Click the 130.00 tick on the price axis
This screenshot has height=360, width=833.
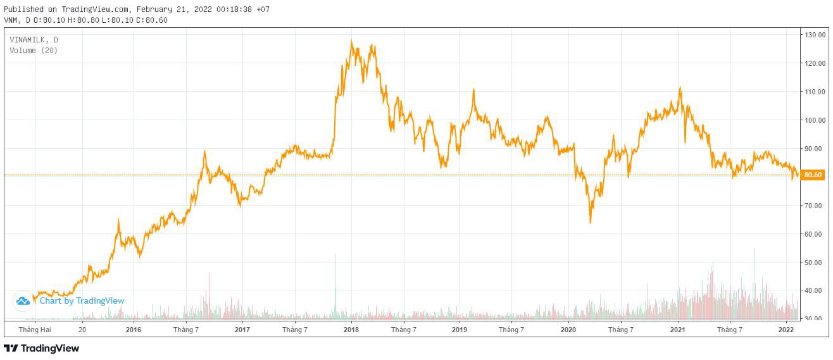(x=815, y=34)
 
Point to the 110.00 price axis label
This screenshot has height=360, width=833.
(x=815, y=92)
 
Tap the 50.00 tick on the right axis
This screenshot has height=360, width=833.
(x=815, y=263)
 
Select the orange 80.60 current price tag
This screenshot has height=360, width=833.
(x=812, y=175)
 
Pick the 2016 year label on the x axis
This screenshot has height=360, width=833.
(x=134, y=330)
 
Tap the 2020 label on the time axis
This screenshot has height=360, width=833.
(x=568, y=330)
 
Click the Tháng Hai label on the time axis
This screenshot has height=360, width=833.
(x=35, y=330)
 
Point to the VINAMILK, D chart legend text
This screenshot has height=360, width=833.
(x=34, y=40)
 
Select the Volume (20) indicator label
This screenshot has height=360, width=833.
(x=34, y=50)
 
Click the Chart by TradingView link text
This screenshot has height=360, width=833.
(x=82, y=301)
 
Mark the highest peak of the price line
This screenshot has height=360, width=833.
(x=351, y=41)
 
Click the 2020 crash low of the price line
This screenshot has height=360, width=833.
(x=591, y=222)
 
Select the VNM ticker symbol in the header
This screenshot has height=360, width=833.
(x=11, y=20)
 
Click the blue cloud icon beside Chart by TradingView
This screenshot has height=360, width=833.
(x=23, y=301)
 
